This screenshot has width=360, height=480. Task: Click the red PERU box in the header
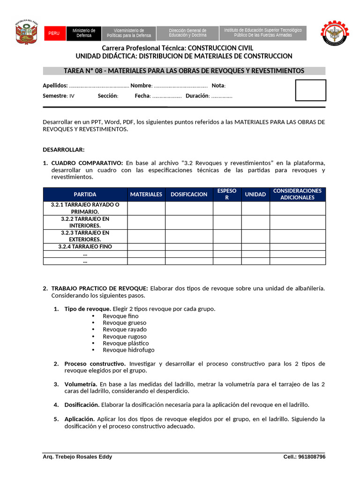click(54, 33)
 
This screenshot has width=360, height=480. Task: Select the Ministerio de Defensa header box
click(84, 33)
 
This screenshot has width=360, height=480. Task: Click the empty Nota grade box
click(310, 90)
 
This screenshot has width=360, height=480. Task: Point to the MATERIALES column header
click(146, 195)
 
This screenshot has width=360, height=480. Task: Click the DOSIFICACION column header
click(189, 195)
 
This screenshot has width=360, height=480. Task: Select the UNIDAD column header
click(255, 195)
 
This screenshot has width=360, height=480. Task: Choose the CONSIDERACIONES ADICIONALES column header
click(297, 195)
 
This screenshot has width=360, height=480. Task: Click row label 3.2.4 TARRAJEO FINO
click(85, 247)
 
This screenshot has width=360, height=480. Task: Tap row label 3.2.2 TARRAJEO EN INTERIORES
click(85, 222)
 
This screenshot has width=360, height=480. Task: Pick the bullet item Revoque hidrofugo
click(128, 350)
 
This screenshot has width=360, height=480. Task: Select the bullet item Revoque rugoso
click(125, 337)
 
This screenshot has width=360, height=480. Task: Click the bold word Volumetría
click(81, 384)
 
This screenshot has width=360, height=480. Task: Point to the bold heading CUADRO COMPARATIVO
click(87, 163)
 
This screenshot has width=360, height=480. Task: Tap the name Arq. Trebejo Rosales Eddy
click(77, 457)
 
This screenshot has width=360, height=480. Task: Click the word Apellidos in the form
click(55, 86)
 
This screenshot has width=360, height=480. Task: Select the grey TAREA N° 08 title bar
click(184, 71)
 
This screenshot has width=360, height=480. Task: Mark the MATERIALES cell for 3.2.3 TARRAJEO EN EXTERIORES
click(146, 236)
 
